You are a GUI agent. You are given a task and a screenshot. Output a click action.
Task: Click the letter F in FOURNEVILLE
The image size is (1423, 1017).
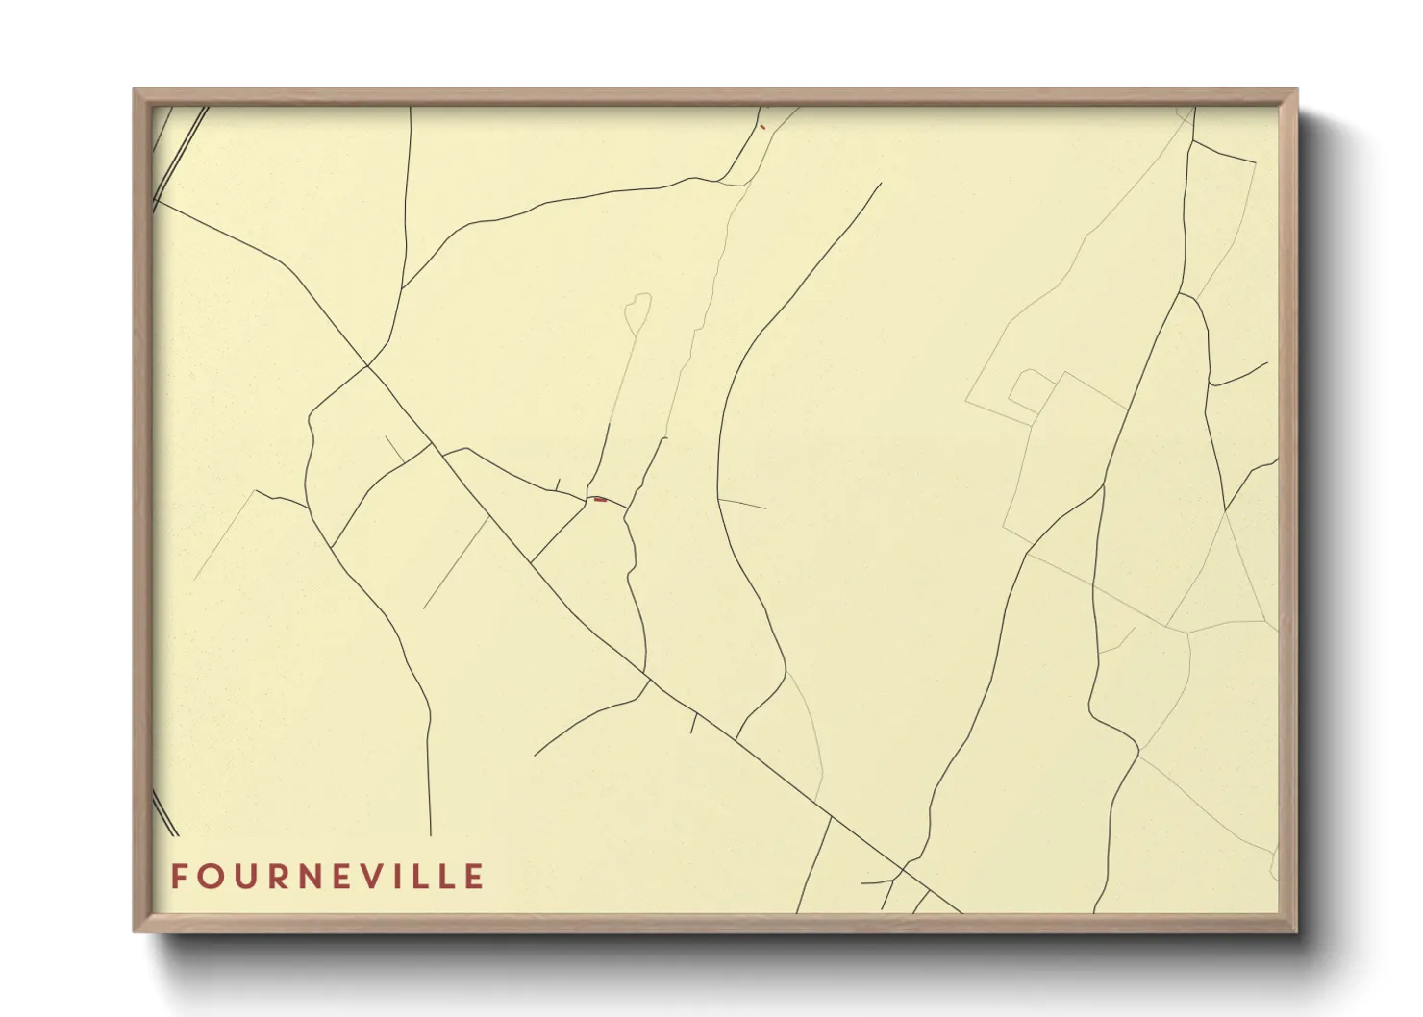[x=179, y=877]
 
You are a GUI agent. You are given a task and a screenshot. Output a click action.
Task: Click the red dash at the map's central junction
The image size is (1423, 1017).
[x=600, y=499]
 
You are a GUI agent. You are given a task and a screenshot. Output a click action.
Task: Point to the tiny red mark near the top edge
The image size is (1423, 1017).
[x=762, y=126]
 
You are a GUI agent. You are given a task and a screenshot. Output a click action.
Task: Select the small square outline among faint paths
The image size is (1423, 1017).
[x=1030, y=388]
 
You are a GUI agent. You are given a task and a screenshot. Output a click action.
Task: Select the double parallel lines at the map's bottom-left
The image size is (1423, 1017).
[x=164, y=812]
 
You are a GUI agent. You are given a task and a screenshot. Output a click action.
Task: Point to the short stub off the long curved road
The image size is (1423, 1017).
[x=742, y=504]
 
